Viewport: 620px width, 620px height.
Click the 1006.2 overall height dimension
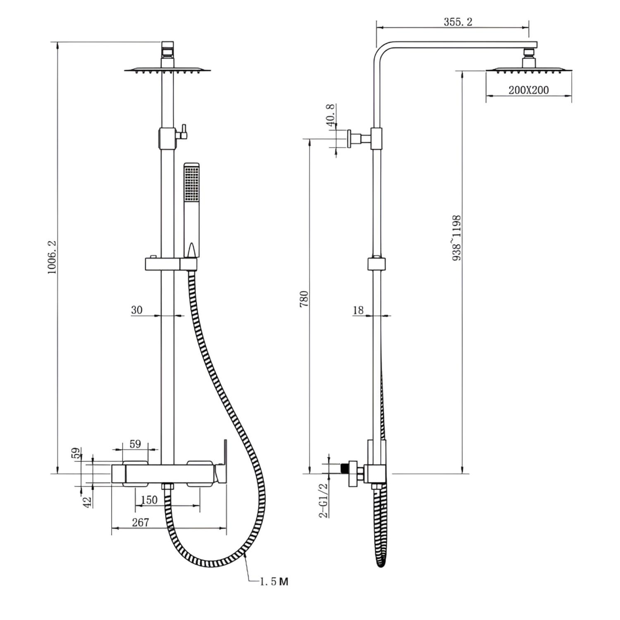52,257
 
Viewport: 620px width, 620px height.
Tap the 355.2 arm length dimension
458,22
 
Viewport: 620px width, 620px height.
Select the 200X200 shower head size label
529,90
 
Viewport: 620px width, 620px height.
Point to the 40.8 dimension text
330,115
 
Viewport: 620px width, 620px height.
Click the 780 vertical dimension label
304,299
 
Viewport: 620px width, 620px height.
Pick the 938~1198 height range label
457,238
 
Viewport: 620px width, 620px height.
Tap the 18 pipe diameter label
358,310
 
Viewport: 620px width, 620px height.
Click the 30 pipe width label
137,310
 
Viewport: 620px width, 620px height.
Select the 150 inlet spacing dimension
149,500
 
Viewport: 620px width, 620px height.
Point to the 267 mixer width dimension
141,522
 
